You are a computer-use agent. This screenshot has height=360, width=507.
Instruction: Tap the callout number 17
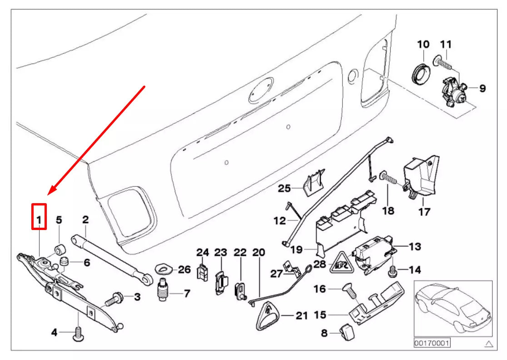(x=423, y=211)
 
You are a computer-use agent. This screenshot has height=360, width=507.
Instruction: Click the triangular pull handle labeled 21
(x=268, y=315)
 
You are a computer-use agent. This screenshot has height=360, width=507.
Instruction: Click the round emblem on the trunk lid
(x=261, y=90)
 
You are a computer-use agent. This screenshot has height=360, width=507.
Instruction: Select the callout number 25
(x=284, y=188)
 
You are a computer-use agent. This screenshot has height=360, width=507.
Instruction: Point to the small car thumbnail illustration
(x=452, y=309)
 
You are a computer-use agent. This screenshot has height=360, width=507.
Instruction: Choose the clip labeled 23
(x=220, y=281)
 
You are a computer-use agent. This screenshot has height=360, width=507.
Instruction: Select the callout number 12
(x=279, y=221)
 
